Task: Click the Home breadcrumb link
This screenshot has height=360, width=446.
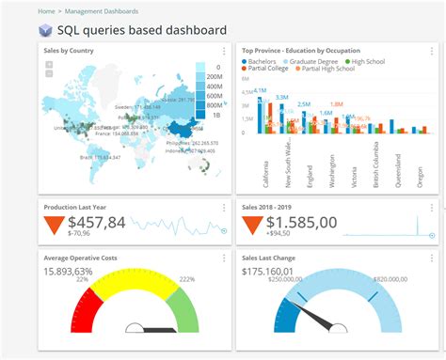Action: point(47,11)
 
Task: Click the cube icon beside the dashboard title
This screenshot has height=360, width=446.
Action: point(45,30)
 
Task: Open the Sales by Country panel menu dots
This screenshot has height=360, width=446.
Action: point(223,51)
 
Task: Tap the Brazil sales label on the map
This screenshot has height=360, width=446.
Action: point(99,157)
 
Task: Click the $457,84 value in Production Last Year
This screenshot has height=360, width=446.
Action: point(97,222)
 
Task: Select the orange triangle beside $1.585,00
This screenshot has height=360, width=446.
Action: point(252,225)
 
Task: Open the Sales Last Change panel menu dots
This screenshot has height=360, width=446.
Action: point(433,256)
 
